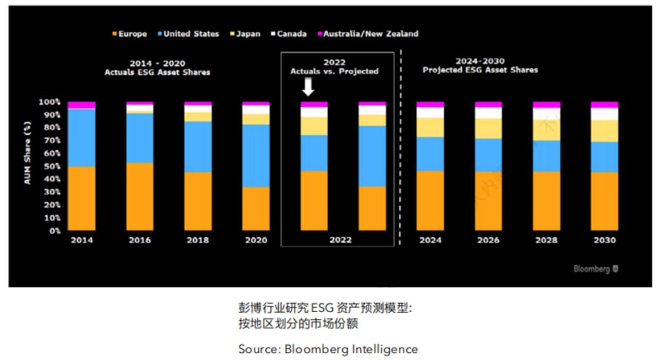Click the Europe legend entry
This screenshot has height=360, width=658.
point(129,34)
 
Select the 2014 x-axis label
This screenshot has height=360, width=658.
point(82,241)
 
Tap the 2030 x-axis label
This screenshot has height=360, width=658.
point(604,241)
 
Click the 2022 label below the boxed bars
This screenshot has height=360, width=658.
point(340,241)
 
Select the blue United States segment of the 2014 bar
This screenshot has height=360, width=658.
point(82,138)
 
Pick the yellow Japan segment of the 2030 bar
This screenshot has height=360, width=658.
point(604,131)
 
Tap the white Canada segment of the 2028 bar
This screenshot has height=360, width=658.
point(546,114)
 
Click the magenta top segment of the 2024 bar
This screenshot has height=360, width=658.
point(430,105)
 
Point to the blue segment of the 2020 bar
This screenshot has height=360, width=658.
point(256,156)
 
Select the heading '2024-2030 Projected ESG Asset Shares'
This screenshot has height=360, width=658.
point(480,66)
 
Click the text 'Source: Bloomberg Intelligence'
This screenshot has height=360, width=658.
point(328,349)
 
